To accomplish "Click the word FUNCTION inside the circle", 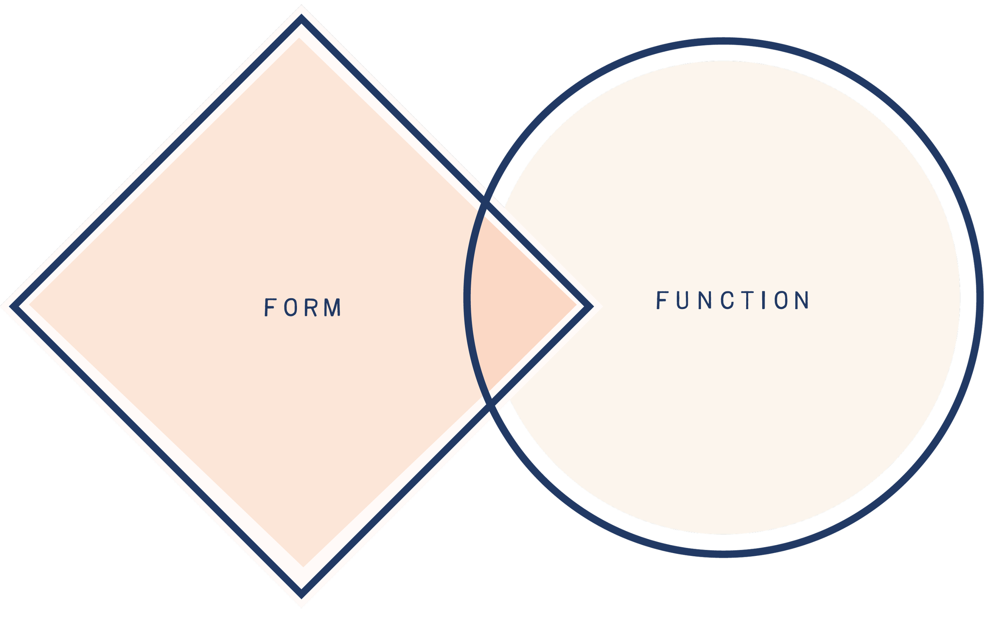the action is [732, 300].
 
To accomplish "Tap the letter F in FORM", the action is [269, 307].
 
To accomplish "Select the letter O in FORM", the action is [291, 307].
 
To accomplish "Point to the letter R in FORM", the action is [312, 307].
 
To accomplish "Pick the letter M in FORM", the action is [333, 307].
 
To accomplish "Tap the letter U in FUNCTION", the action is [683, 300].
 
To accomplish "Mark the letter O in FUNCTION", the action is [782, 300].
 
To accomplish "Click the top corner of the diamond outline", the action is [301, 18].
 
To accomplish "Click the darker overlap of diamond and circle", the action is [519, 305].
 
